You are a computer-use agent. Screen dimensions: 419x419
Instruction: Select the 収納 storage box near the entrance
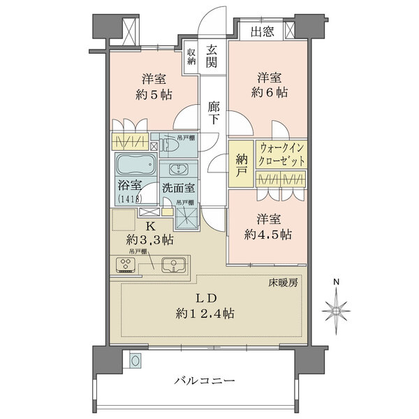tap(191, 58)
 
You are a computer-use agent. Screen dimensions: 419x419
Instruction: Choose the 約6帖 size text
tap(269, 92)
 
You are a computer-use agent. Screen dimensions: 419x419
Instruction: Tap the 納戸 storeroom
tap(240, 165)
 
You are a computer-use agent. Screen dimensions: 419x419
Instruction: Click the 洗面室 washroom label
tap(179, 188)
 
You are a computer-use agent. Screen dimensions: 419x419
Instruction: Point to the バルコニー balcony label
tap(204, 382)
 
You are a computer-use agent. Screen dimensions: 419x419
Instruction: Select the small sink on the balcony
tap(135, 360)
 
